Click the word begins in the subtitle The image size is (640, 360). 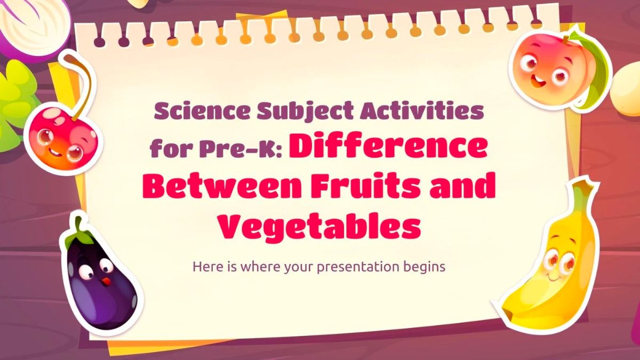[x=426, y=266]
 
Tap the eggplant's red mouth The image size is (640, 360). [x=106, y=281]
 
